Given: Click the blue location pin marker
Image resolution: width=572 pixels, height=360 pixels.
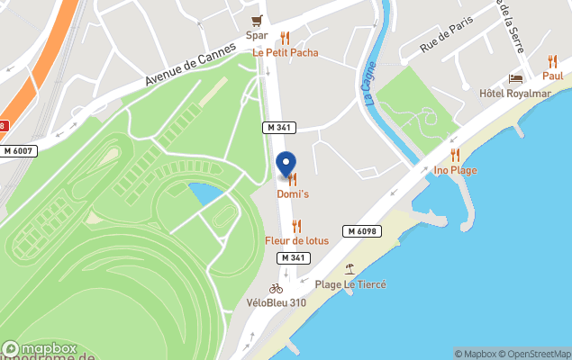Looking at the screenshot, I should click(x=285, y=165).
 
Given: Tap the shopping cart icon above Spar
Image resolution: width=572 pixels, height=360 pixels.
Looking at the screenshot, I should click(x=259, y=21).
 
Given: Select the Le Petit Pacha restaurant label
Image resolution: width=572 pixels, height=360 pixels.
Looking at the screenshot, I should click(x=285, y=52).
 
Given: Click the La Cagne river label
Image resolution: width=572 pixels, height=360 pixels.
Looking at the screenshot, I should click(x=369, y=83).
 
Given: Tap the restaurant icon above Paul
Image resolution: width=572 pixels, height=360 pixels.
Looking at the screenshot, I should click(x=552, y=61).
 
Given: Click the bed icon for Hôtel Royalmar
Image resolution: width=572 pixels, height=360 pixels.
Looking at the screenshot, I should click(x=516, y=79).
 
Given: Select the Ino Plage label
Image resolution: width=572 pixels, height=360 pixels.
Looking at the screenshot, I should click(x=455, y=170).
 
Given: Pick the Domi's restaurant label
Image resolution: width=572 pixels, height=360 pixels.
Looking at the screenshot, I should click(x=292, y=194).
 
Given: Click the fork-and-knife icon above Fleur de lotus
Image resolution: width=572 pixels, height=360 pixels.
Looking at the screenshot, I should click(x=296, y=226).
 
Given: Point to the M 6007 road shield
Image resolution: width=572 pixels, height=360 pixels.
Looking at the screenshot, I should click(x=18, y=151).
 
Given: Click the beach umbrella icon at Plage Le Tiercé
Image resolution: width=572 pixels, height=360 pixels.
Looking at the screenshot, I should click(x=350, y=269).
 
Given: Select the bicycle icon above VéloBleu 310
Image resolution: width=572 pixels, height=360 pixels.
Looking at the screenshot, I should click(x=276, y=288).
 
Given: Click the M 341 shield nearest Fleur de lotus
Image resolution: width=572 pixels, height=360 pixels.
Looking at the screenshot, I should click(x=294, y=257).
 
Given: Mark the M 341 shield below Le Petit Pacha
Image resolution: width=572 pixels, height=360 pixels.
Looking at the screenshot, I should click(x=278, y=129).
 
